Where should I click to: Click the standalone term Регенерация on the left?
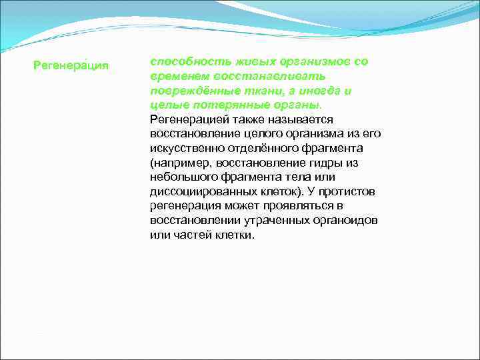click(71, 66)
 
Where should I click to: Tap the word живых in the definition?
click(238, 61)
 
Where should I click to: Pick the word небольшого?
click(183, 177)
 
